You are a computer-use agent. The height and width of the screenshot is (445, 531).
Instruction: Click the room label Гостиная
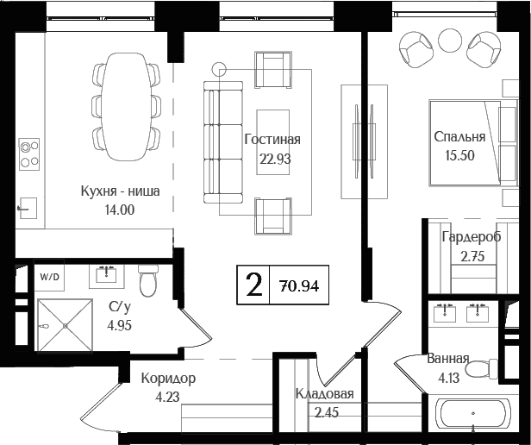pyautogui.click(x=272, y=140)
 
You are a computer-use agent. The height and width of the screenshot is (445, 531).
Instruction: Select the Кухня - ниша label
pyautogui.click(x=120, y=191)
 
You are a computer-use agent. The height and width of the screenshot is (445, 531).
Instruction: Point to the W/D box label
pyautogui.click(x=49, y=277)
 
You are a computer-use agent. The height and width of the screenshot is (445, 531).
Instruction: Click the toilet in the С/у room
pyautogui.click(x=147, y=280)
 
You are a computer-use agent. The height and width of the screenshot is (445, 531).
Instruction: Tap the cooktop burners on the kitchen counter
pyautogui.click(x=30, y=154)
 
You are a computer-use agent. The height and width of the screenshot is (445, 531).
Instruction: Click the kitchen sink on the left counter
pyautogui.click(x=28, y=207)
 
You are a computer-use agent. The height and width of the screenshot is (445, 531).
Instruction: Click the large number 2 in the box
pyautogui.click(x=253, y=285)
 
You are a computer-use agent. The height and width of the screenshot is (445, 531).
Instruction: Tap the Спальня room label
pyautogui.click(x=459, y=136)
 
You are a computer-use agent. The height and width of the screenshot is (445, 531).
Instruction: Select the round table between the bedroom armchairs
pyautogui.click(x=450, y=38)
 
